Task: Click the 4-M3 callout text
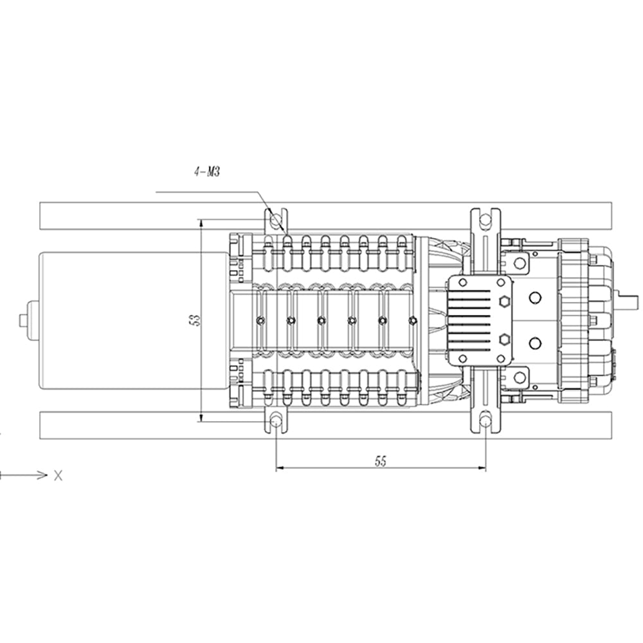[207, 172]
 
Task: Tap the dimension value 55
[381, 461]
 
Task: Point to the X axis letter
[59, 476]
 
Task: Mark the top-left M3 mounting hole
[276, 221]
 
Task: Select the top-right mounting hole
[485, 221]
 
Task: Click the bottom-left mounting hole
[276, 421]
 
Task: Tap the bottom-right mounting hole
[485, 421]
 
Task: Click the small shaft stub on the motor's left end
[24, 320]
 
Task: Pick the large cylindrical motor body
[129, 320]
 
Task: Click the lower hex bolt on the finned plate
[503, 339]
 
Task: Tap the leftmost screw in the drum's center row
[260, 320]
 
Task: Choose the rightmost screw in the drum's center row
[413, 320]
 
